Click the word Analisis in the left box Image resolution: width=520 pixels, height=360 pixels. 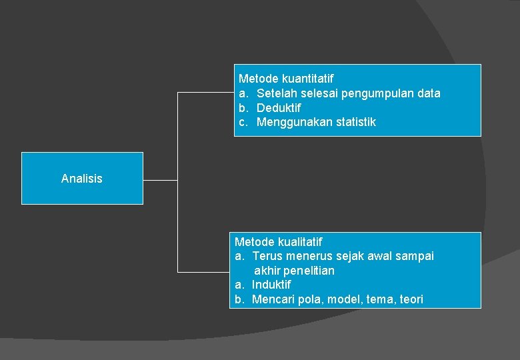(x=81, y=179)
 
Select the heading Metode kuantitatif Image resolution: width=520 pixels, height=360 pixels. (x=286, y=79)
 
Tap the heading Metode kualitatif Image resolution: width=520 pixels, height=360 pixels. (x=278, y=242)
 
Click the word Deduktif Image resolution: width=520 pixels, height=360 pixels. (x=279, y=108)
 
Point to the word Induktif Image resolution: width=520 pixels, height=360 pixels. (x=271, y=285)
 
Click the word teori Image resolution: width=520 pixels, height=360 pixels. (x=411, y=300)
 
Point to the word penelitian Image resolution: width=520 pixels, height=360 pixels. (x=309, y=271)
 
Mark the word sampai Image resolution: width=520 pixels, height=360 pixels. (x=415, y=257)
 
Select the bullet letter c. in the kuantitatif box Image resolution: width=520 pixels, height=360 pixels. (x=243, y=123)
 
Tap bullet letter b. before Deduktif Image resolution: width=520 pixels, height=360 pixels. (x=243, y=108)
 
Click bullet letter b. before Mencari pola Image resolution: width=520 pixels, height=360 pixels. (x=239, y=300)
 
